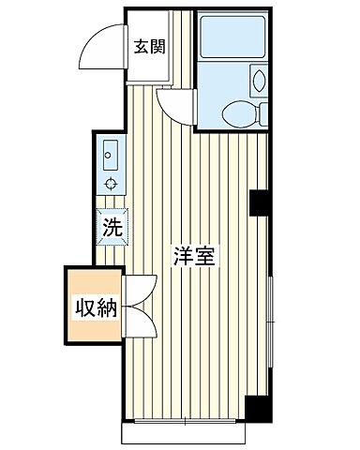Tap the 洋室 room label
coord(193,255)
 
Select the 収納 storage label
coord(95,306)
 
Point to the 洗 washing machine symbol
coord(111,226)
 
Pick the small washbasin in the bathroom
coord(260,80)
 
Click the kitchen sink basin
coord(109,150)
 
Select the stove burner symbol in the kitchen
coord(111,181)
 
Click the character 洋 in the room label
coord(181,255)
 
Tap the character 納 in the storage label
coord(106,306)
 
